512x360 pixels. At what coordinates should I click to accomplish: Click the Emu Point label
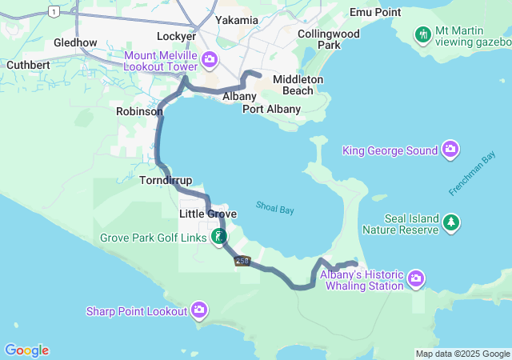tap(375, 12)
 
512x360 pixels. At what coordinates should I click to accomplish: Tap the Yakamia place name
tap(237, 19)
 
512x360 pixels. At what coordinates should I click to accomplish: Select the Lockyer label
tap(177, 36)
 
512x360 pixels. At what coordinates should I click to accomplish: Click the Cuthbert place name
tap(28, 64)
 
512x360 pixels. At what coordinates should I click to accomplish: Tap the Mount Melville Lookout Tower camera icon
tap(210, 59)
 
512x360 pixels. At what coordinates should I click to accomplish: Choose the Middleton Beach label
tap(298, 85)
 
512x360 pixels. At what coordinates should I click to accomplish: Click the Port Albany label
tap(272, 109)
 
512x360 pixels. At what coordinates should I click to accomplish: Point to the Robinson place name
tap(139, 112)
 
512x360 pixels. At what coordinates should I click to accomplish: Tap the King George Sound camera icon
tap(450, 150)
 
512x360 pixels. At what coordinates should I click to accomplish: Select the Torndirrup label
tap(166, 181)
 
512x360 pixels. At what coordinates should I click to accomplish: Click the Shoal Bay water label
tap(275, 208)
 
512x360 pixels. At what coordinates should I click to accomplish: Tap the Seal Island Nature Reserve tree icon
tap(452, 222)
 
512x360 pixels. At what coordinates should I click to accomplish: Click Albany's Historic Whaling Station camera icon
tap(416, 278)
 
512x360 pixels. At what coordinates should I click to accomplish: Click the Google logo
tap(26, 350)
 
